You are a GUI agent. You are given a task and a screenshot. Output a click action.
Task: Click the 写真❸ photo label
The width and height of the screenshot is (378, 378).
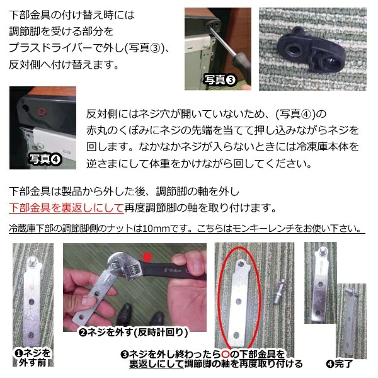[219, 79]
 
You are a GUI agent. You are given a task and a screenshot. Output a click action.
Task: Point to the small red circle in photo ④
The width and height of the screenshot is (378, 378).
[42, 112]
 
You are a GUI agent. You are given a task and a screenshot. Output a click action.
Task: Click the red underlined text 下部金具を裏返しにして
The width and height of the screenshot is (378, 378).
[57, 207]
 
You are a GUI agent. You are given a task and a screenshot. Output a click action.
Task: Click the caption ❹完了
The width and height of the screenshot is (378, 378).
[339, 364]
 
